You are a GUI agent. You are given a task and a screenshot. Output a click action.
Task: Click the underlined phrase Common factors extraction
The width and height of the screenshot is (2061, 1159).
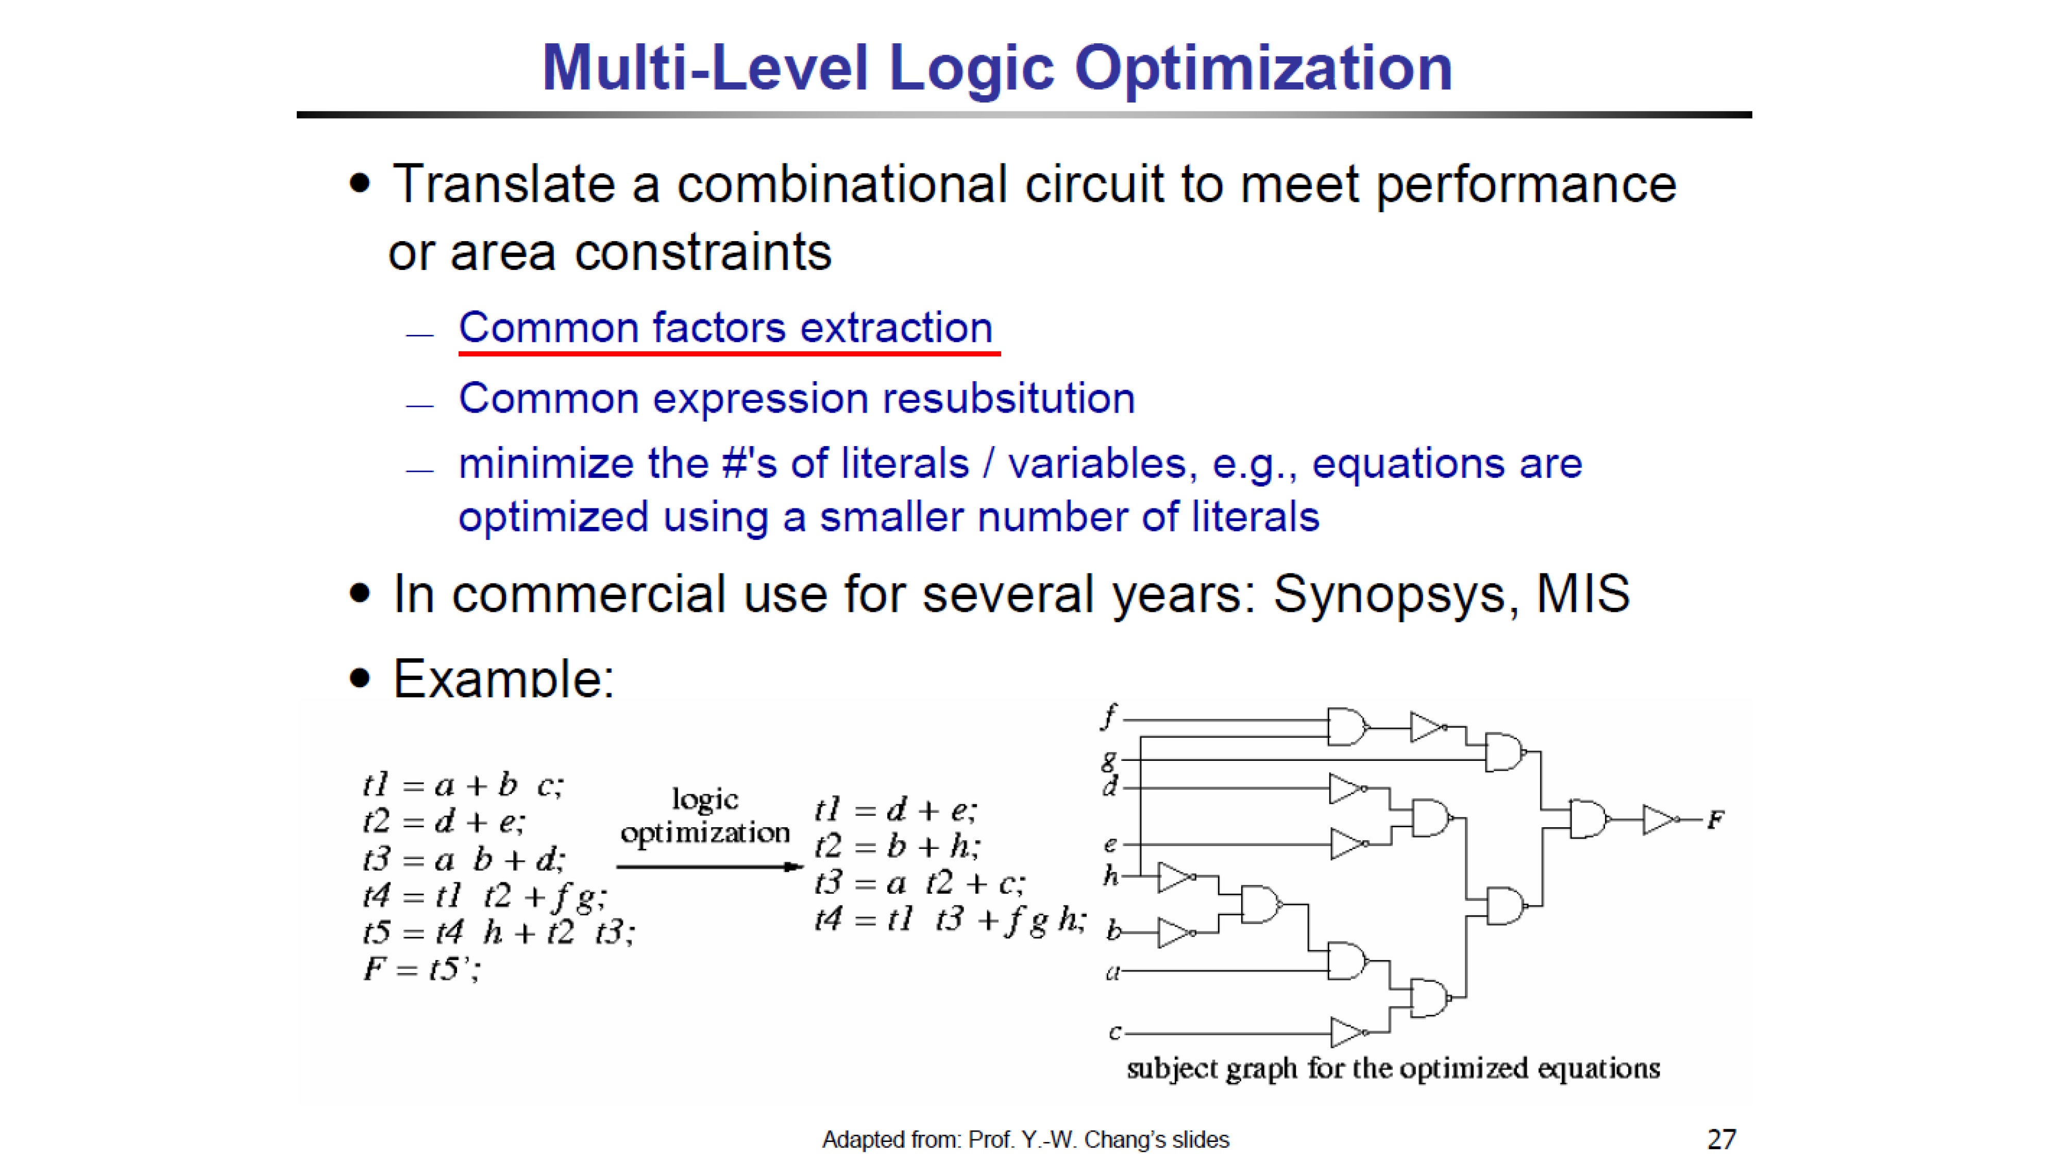point(725,328)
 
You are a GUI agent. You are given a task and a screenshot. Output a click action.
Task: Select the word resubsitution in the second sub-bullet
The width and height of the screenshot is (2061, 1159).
point(1008,398)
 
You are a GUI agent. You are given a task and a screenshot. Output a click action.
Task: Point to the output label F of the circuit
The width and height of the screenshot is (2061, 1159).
point(1715,820)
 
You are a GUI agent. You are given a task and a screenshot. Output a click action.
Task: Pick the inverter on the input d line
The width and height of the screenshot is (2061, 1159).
point(1348,788)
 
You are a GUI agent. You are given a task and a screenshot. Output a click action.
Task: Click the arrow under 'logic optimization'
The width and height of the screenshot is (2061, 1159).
point(709,866)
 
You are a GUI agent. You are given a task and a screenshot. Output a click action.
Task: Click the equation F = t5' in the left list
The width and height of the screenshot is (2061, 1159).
point(421,969)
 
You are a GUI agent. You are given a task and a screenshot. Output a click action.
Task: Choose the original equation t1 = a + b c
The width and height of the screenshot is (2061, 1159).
point(463,785)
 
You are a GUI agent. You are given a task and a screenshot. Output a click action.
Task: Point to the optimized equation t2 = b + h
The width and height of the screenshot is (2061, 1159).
point(897,845)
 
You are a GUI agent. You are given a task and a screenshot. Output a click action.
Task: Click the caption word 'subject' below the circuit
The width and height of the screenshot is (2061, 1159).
point(1172,1069)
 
